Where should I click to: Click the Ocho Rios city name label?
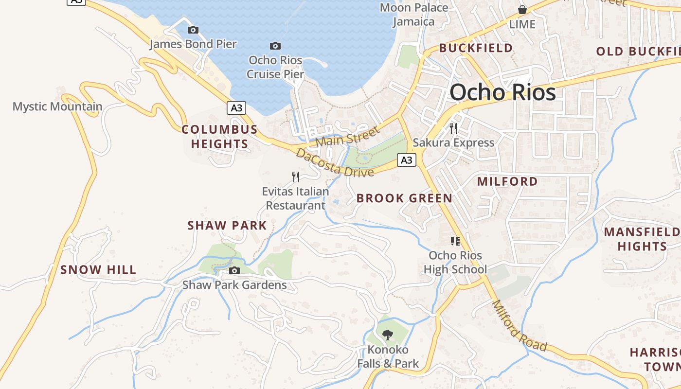tap(502, 92)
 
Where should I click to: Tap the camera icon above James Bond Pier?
tap(193, 30)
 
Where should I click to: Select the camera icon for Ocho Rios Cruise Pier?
tap(275, 46)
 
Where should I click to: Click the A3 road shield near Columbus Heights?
tap(236, 107)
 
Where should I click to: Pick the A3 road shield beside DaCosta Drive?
tap(407, 159)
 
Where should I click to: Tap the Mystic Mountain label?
tap(57, 106)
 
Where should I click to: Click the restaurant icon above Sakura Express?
tap(453, 128)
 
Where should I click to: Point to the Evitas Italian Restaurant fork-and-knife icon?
tap(296, 177)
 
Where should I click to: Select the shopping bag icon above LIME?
tap(522, 10)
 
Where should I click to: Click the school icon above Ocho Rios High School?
tap(455, 241)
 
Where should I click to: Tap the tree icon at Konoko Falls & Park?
tap(387, 335)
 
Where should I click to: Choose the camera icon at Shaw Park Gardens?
tap(234, 270)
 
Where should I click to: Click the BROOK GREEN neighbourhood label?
tap(404, 198)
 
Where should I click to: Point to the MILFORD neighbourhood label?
tap(507, 181)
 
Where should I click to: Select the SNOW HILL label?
tap(98, 269)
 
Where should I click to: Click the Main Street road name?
tap(347, 137)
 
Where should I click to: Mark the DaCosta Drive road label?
tap(335, 162)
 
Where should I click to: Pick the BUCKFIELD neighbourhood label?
tap(476, 48)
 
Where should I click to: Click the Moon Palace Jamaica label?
tap(414, 15)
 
